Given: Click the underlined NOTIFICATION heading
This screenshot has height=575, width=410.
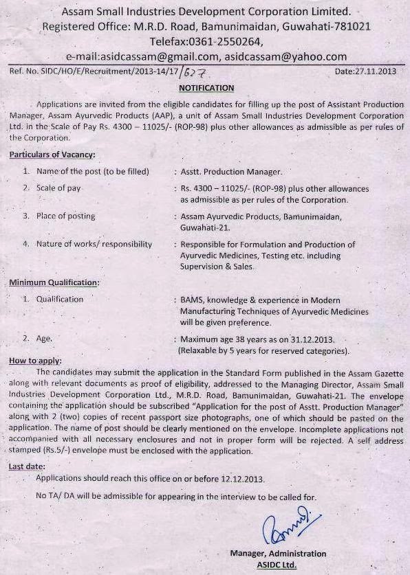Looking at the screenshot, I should [206, 88].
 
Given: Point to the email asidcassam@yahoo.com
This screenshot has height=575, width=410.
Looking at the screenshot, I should [285, 56].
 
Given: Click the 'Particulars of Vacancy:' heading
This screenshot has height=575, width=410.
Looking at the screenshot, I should [52, 155].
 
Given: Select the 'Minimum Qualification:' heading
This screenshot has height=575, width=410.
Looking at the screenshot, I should [54, 283].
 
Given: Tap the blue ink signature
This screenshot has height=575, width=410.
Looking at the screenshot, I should [287, 526].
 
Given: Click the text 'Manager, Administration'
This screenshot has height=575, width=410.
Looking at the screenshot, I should [279, 554].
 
